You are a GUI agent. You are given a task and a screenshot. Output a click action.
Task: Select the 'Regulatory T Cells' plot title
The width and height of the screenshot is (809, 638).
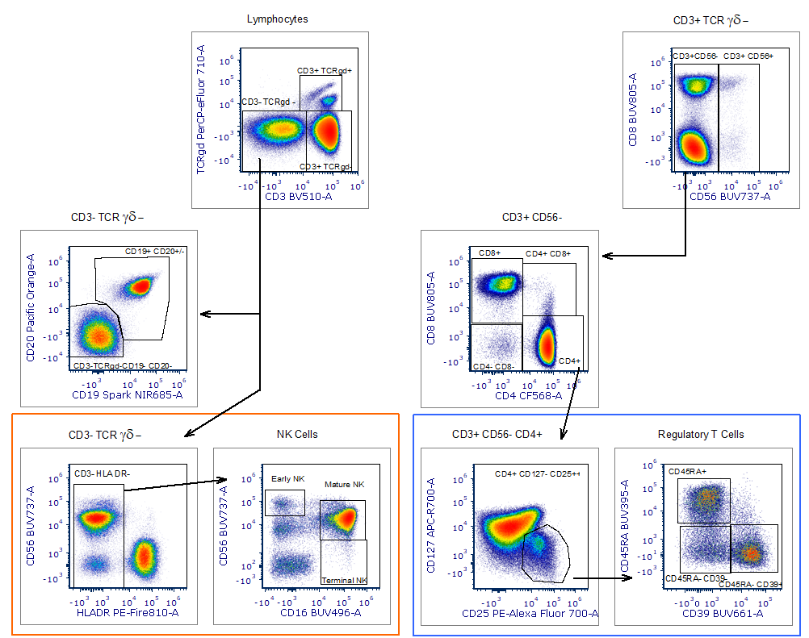click(701, 435)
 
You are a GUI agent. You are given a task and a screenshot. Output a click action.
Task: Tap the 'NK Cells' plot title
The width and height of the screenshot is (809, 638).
click(297, 435)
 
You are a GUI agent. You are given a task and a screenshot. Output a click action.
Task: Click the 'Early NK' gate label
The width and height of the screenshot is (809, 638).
click(288, 479)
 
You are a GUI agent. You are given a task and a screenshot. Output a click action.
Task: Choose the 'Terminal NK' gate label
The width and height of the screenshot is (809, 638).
click(345, 581)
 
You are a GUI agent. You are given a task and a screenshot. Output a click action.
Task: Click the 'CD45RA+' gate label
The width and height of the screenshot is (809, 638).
click(687, 471)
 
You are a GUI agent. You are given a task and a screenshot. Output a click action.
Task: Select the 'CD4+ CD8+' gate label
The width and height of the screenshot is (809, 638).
click(548, 254)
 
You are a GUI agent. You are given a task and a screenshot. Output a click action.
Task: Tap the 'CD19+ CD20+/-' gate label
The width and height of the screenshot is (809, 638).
click(155, 252)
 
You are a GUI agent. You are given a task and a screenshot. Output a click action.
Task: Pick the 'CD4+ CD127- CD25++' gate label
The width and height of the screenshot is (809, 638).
click(538, 473)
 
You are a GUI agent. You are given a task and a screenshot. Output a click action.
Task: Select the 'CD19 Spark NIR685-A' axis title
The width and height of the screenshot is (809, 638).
click(128, 395)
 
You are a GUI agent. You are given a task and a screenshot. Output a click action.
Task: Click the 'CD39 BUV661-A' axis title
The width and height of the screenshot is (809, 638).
click(721, 613)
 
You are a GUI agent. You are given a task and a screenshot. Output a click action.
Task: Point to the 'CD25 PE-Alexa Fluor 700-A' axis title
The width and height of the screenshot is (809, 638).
click(530, 614)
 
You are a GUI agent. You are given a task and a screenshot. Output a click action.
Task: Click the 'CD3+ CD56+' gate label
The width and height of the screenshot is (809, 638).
click(748, 56)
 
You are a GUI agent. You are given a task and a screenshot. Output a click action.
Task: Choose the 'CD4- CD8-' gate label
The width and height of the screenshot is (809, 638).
click(493, 367)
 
